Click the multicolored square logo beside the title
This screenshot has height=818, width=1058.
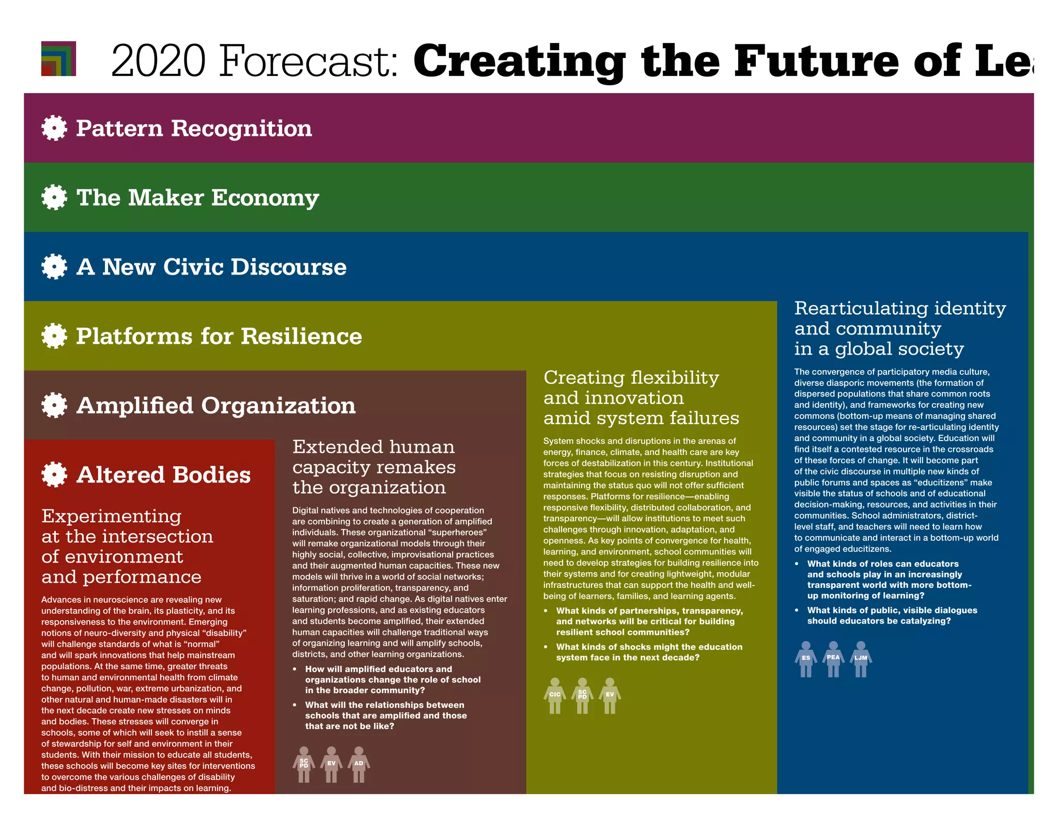point(58,58)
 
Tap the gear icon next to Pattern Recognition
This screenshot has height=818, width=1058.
point(54,128)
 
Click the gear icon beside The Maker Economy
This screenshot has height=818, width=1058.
point(54,197)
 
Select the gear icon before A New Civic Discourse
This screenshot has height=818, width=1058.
point(54,266)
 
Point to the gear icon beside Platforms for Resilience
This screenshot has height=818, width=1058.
point(54,336)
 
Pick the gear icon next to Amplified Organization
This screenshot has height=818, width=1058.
point(54,405)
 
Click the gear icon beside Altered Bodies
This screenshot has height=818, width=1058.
point(54,474)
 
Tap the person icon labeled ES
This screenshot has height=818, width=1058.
point(806,659)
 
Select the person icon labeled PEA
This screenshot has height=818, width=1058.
point(833,659)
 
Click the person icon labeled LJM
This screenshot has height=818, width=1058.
point(861,659)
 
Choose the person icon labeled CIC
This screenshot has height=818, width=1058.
point(555,695)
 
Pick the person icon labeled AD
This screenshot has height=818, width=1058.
point(359,764)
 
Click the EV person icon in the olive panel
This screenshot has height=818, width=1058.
point(610,695)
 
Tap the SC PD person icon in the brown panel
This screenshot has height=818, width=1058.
point(304,764)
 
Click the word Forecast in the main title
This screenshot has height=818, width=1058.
point(308,61)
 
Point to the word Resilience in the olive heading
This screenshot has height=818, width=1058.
point(301,336)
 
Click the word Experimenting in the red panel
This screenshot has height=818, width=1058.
point(111,516)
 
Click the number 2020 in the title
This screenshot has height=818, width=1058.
point(158,61)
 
